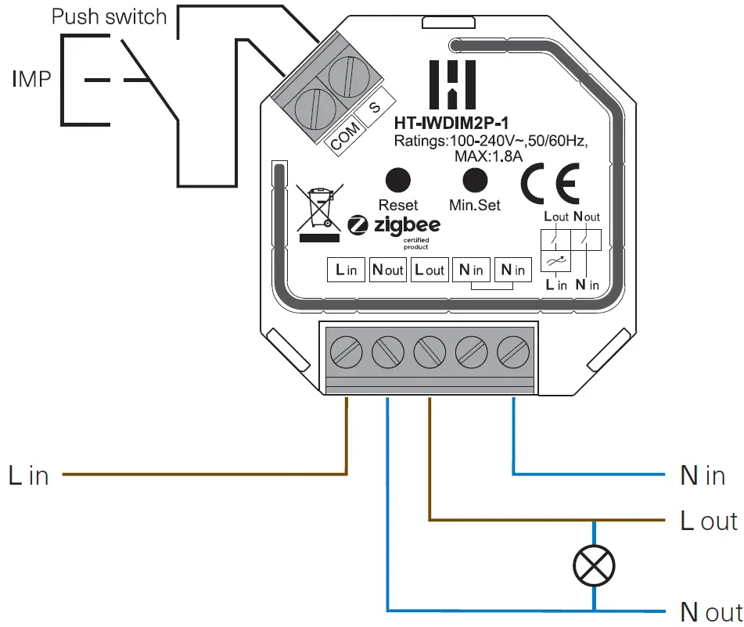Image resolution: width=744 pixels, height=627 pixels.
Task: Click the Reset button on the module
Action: (x=398, y=180)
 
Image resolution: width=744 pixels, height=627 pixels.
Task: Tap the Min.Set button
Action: (x=474, y=180)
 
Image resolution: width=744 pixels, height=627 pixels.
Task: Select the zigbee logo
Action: (x=394, y=226)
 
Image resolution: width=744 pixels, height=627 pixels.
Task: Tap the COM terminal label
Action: (x=345, y=136)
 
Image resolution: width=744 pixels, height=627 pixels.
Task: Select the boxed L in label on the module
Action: (x=346, y=271)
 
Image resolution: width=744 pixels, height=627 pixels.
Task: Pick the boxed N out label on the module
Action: (x=387, y=271)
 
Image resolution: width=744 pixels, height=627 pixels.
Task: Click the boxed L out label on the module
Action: (x=429, y=271)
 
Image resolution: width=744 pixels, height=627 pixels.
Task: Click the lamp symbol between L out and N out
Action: (x=595, y=563)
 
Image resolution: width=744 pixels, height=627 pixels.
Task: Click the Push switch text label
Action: (x=110, y=17)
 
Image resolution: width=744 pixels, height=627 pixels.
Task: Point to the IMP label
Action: (x=31, y=78)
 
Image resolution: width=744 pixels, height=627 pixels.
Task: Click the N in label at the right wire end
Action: (x=702, y=475)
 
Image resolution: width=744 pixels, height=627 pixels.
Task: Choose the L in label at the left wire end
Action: (x=29, y=475)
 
